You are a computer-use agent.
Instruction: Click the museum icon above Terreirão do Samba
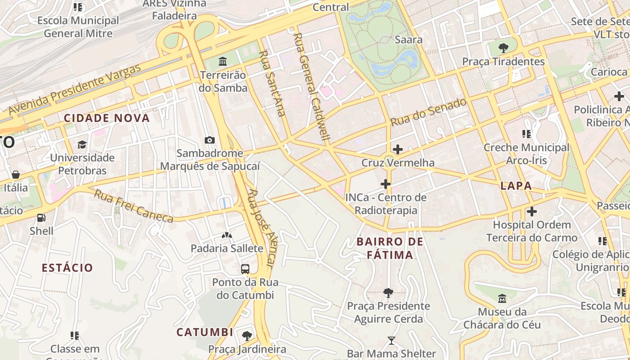click(x=222, y=61)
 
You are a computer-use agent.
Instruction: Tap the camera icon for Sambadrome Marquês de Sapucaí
click(x=210, y=140)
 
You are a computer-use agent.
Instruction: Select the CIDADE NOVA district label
click(x=107, y=118)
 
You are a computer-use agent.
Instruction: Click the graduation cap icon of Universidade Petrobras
click(x=82, y=144)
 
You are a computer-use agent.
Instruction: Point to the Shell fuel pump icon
click(x=41, y=218)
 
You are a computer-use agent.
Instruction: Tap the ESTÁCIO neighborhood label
click(x=67, y=268)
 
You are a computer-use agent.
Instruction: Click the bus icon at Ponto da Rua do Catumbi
click(x=245, y=269)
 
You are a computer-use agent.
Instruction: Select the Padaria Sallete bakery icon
click(x=227, y=235)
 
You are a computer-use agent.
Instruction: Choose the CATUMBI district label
click(x=205, y=333)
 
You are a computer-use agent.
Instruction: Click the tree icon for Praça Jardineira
click(x=247, y=336)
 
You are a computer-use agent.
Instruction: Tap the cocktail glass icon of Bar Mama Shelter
click(x=391, y=341)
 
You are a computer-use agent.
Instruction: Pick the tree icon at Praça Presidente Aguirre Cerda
click(x=388, y=293)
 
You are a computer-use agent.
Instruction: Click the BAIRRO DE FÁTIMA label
click(x=390, y=248)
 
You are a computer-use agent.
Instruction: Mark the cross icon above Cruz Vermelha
click(x=398, y=149)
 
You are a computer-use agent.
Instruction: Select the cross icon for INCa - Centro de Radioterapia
click(x=386, y=184)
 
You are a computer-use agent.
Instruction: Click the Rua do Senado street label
click(x=428, y=112)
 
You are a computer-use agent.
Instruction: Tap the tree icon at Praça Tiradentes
click(x=504, y=48)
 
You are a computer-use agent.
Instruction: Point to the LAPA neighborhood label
click(x=516, y=186)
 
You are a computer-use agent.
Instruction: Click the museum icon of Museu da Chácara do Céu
click(x=502, y=298)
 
